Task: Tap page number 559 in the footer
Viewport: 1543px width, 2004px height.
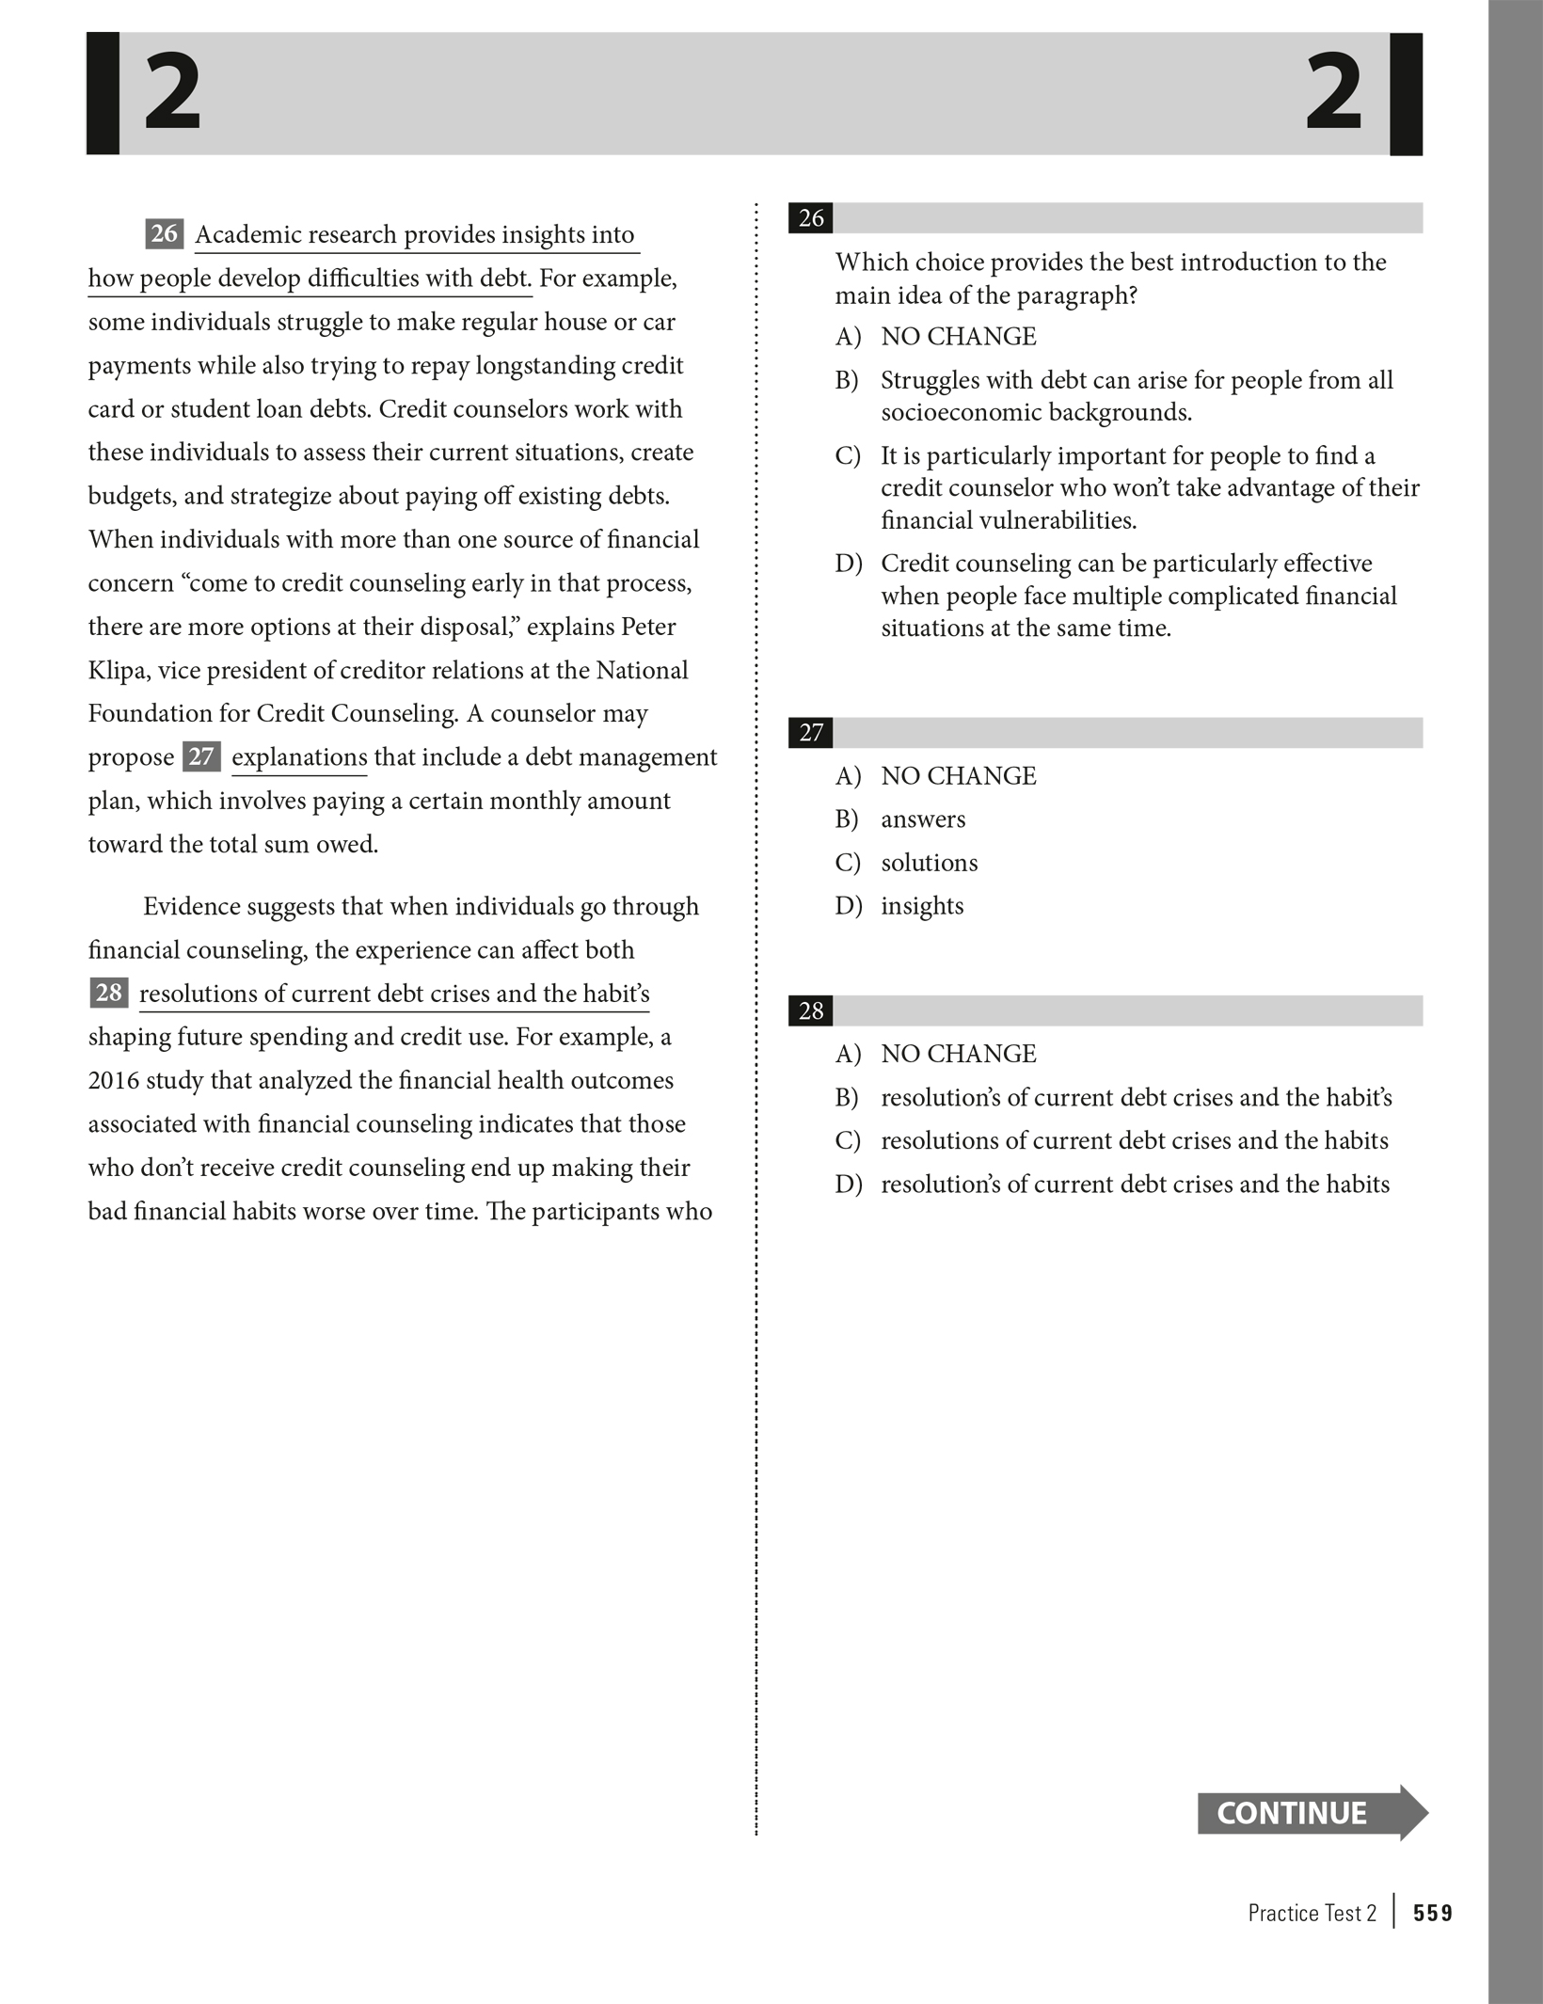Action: [x=1432, y=1913]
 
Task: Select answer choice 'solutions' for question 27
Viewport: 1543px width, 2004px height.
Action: [x=929, y=863]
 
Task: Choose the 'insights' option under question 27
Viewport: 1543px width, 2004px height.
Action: [x=922, y=906]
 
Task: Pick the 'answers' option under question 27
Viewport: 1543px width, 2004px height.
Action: [x=922, y=819]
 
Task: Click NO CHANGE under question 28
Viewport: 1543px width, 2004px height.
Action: [x=958, y=1054]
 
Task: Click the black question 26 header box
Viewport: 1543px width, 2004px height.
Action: [x=811, y=218]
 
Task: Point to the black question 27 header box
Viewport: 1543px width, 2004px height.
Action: [x=811, y=733]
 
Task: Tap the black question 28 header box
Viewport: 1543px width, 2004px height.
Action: [x=811, y=1011]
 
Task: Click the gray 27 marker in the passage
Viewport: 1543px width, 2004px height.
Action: [x=201, y=756]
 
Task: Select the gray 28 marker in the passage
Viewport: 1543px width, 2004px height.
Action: [x=109, y=993]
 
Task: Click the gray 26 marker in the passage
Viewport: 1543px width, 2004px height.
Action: [x=165, y=233]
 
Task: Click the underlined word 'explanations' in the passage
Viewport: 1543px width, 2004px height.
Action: [x=299, y=757]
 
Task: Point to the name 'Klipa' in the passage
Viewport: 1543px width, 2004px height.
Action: [x=119, y=670]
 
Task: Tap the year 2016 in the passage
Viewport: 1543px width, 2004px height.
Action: [x=117, y=1080]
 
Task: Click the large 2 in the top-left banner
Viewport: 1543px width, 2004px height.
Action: [x=172, y=93]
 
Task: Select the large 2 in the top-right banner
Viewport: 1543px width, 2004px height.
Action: [x=1333, y=93]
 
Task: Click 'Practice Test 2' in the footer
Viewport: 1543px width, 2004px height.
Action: [x=1312, y=1913]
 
